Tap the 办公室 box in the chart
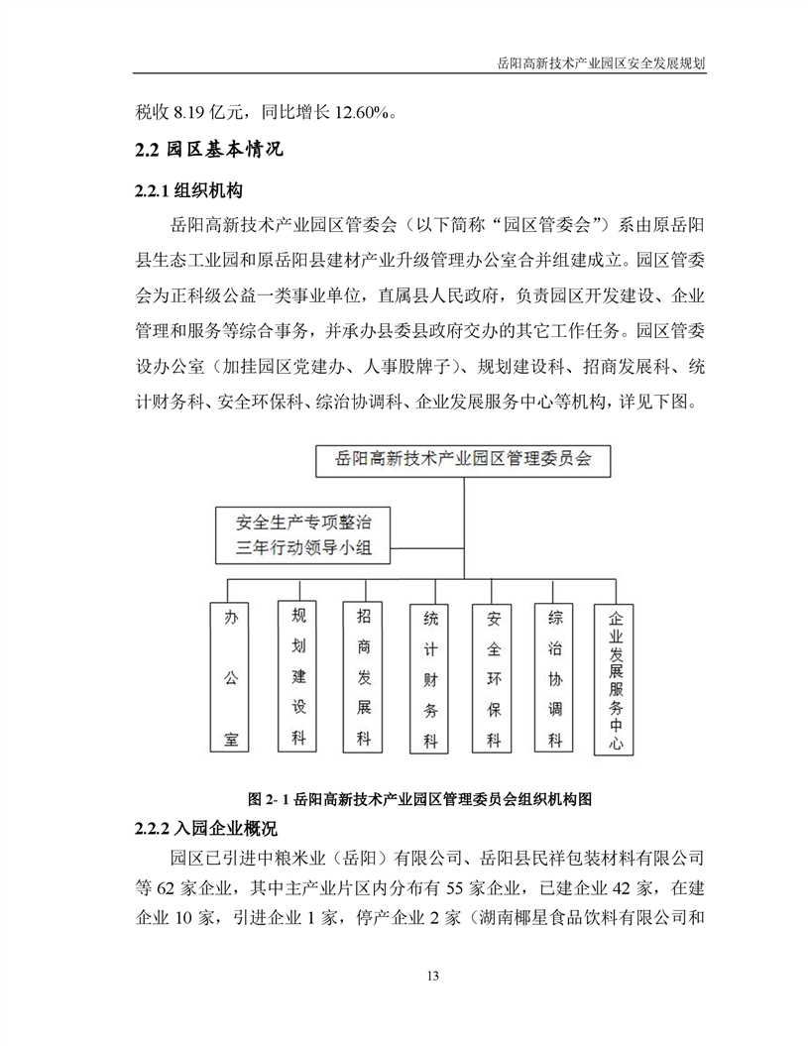230,677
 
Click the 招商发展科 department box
364,677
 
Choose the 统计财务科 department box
430,678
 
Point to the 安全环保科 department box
494,678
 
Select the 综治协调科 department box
556,678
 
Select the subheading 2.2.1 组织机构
188,190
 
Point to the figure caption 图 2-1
420,798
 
